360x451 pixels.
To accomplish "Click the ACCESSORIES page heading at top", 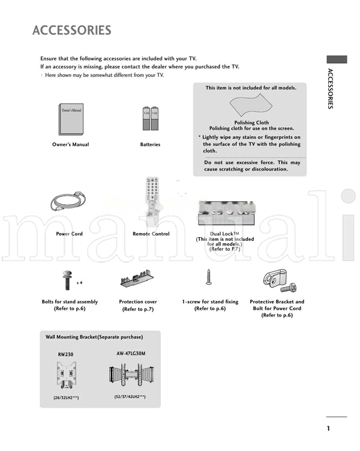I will coord(71,30).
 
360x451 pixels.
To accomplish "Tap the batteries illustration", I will coord(150,118).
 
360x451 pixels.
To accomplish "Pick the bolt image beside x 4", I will coord(65,280).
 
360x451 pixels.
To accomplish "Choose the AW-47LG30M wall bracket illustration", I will coord(130,375).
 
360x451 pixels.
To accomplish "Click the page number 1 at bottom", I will coord(328,428).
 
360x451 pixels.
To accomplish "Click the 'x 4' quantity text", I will coord(79,282).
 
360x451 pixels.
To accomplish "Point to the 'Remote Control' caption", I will coord(151,234).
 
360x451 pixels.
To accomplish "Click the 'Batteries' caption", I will coord(150,145).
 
